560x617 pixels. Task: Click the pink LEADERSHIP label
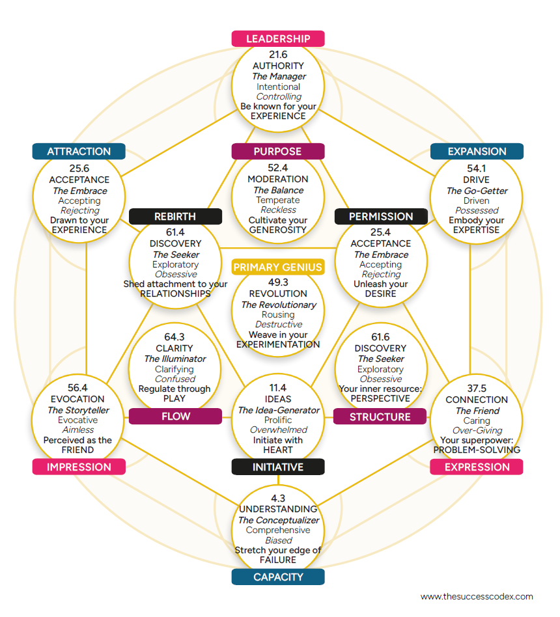point(278,39)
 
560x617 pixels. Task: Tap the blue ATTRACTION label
point(79,152)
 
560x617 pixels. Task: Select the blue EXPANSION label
point(477,152)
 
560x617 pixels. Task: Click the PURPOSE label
point(278,152)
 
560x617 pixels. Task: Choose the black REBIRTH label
point(175,216)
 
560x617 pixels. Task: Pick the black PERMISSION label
point(381,216)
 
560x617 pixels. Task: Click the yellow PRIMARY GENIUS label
point(278,267)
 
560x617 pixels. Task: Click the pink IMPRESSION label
point(79,467)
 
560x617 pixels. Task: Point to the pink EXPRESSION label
point(477,467)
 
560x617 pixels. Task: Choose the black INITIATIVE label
point(278,467)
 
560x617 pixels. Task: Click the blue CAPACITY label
point(278,577)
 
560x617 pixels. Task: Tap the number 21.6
point(278,55)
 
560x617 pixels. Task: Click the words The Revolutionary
point(278,305)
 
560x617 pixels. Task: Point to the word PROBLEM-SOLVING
point(477,450)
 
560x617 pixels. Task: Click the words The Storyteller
point(78,410)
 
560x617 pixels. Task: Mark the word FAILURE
point(278,560)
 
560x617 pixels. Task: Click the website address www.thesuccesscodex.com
point(477,596)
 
